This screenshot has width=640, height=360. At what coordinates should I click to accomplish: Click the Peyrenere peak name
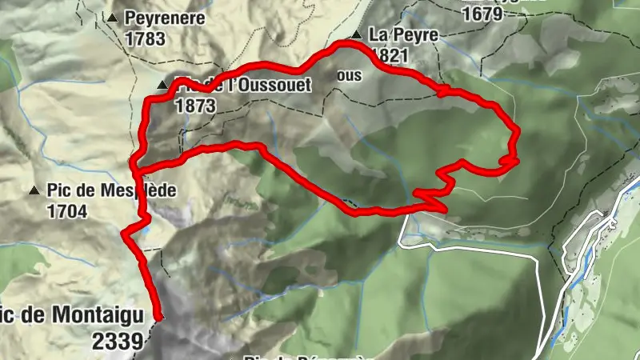[x=165, y=18]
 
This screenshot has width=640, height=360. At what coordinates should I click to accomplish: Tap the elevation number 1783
[x=145, y=38]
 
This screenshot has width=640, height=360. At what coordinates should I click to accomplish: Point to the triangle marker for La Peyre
[x=356, y=35]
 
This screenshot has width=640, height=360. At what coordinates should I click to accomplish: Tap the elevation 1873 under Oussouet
[x=194, y=104]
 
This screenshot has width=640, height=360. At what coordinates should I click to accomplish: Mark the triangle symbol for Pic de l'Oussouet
[x=162, y=85]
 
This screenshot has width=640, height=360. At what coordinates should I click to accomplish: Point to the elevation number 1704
[x=67, y=211]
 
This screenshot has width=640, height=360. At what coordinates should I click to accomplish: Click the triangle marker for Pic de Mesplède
[x=34, y=191]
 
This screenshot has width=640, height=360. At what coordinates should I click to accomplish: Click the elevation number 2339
[x=118, y=341]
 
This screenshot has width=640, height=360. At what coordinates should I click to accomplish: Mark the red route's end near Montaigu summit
[x=158, y=318]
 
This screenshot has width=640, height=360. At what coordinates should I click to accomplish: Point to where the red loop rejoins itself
[x=138, y=171]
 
